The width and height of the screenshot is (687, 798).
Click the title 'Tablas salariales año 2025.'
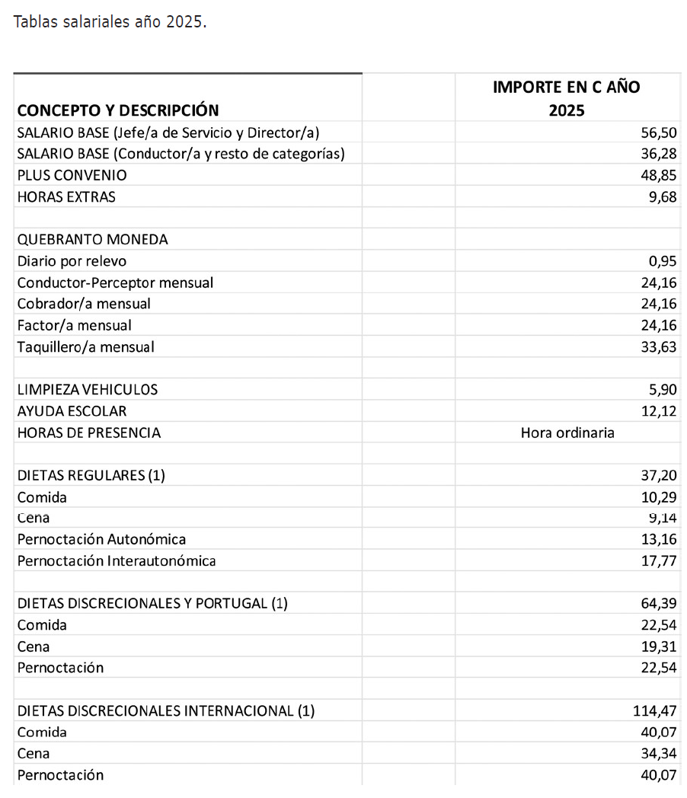110,22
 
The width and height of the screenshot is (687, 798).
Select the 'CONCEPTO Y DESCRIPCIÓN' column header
118,110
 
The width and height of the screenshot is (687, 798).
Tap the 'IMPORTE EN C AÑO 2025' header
566,98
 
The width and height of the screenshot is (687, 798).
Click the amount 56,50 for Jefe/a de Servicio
659,132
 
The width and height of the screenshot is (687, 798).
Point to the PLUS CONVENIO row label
72,175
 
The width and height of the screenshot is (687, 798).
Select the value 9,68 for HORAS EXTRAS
662,196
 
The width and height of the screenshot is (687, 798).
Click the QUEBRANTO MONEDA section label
93,239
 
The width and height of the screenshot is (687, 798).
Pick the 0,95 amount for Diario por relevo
662,261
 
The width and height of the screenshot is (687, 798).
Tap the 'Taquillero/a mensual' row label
86,347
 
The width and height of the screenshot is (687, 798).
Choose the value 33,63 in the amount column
659,347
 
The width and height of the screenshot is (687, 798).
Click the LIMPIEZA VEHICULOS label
88,390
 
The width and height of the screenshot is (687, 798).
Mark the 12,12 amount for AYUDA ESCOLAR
659,411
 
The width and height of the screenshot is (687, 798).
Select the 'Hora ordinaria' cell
567,433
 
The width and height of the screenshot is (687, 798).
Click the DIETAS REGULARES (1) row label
91,476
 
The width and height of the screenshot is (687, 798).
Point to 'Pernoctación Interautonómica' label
117,561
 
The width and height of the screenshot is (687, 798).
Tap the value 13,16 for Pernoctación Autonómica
659,540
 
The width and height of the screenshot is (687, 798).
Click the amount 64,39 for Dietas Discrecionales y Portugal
659,604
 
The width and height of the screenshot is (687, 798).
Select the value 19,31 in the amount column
659,646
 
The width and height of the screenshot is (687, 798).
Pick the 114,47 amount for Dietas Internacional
655,711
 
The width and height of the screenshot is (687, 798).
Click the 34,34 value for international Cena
659,754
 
